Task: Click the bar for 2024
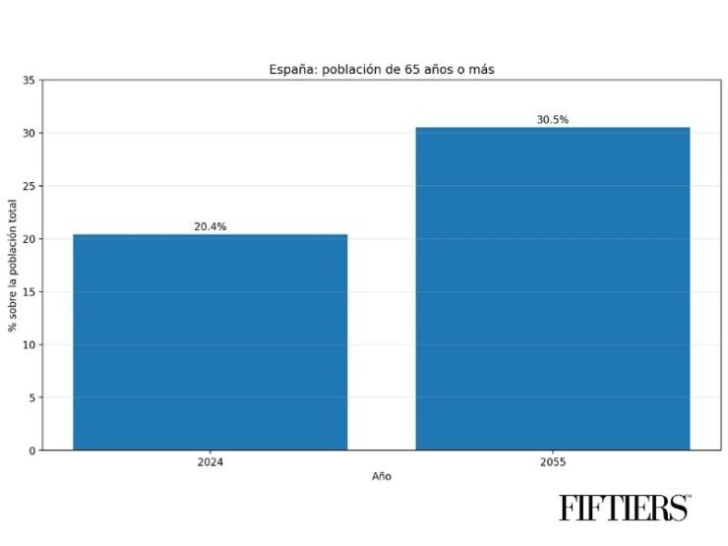[210, 341]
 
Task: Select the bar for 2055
[552, 288]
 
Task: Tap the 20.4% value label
[210, 226]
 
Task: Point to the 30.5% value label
[552, 120]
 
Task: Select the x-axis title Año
[381, 476]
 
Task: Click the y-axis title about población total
[14, 266]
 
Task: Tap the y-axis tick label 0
[32, 451]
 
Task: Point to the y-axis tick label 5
[32, 397]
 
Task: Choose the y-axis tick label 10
[30, 344]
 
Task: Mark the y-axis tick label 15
[30, 292]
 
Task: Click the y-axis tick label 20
[30, 239]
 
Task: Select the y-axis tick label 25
[30, 186]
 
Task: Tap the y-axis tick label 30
[30, 133]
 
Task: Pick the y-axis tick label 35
[30, 81]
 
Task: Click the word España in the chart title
[291, 69]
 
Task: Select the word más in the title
[480, 69]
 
